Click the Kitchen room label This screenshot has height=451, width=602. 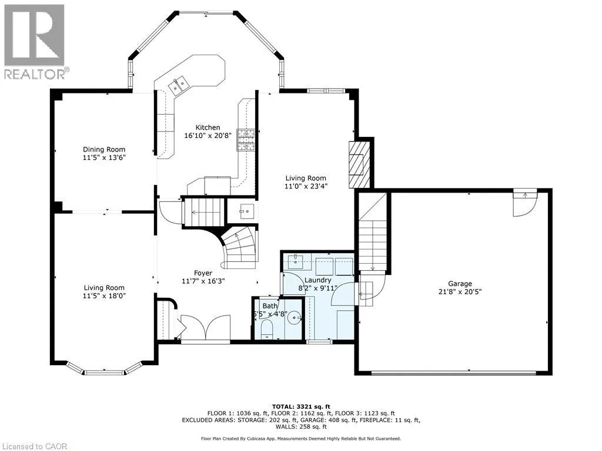coord(208,127)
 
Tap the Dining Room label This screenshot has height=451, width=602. coord(104,150)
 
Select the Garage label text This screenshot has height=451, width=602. coord(460,284)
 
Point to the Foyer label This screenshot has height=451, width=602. coord(203,273)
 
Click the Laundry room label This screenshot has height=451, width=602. coord(317,280)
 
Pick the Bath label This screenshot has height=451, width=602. coord(270,306)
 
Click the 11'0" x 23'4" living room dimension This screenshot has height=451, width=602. coord(306,186)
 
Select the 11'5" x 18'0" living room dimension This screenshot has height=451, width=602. coord(105,296)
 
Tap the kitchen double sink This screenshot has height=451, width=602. coord(178,86)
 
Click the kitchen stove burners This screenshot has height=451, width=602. coord(246,140)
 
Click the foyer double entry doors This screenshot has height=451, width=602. coord(205,328)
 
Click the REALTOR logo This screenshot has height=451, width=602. coord(35,42)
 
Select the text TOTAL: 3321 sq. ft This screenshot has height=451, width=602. coord(301,406)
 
